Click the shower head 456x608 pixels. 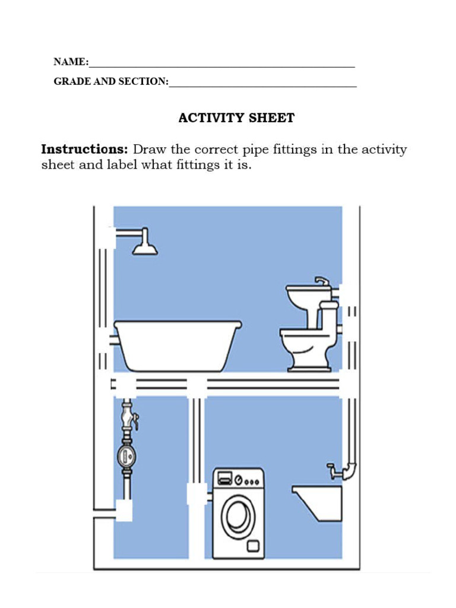click(145, 246)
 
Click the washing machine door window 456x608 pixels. click(237, 516)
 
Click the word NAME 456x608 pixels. click(70, 62)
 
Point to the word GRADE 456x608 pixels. click(71, 81)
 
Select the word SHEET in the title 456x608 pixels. click(273, 118)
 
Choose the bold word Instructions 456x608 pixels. click(84, 149)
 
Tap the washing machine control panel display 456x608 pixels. click(225, 477)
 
